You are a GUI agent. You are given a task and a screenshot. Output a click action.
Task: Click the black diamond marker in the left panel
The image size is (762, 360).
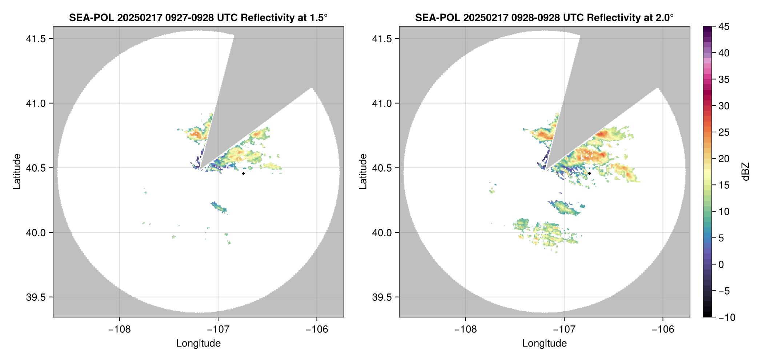[243, 173]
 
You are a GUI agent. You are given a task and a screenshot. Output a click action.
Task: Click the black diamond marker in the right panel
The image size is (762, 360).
[589, 173]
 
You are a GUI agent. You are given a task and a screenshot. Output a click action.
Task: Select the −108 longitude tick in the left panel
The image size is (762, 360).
[119, 329]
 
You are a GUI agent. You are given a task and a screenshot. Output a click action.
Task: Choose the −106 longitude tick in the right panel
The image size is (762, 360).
[663, 329]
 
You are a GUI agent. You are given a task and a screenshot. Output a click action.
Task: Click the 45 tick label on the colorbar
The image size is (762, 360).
[723, 27]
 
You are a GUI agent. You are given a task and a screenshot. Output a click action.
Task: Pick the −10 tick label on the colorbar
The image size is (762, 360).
[727, 317]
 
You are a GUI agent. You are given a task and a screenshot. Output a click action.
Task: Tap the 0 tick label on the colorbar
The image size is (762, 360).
[721, 264]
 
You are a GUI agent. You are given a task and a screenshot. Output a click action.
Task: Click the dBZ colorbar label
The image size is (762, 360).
[746, 172]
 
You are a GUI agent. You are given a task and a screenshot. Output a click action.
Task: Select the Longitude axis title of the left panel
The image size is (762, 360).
[198, 343]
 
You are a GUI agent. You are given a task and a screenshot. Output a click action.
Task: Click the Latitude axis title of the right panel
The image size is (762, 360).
[363, 172]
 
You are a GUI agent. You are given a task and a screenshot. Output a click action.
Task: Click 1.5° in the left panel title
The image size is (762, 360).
[317, 17]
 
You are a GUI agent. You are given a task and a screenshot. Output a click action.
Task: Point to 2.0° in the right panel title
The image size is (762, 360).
[663, 17]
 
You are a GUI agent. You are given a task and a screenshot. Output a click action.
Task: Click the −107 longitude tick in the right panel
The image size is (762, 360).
[564, 329]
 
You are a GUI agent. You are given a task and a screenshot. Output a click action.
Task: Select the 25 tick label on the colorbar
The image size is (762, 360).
[723, 132]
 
